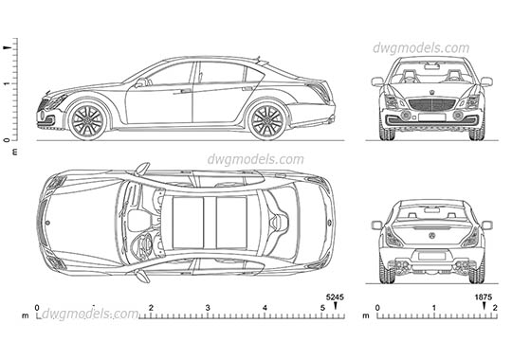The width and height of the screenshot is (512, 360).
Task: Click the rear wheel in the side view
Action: pyautogui.click(x=266, y=119)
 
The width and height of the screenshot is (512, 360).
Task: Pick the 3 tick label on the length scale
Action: pyautogui.click(x=208, y=309)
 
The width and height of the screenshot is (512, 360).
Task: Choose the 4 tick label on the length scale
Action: pyautogui.click(x=265, y=309)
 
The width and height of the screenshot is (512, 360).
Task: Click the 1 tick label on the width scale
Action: pyautogui.click(x=433, y=309)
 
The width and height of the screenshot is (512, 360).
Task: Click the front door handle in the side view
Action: pyautogui.click(x=186, y=92)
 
